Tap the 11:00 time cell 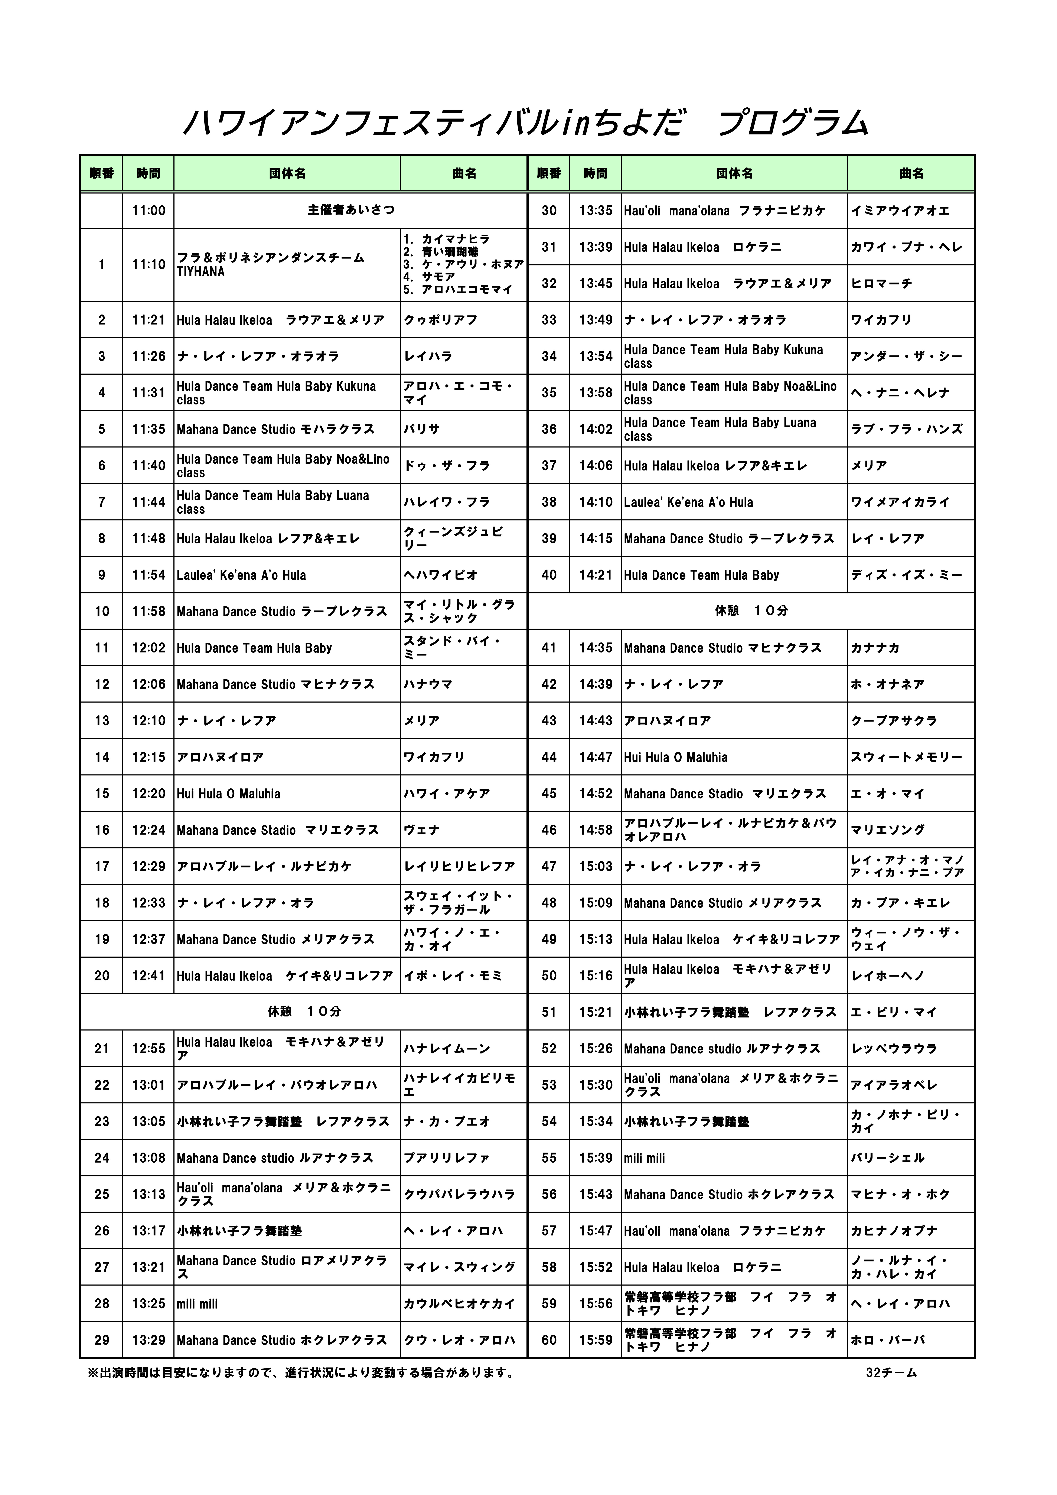click(x=149, y=211)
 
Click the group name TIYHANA click(x=200, y=272)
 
